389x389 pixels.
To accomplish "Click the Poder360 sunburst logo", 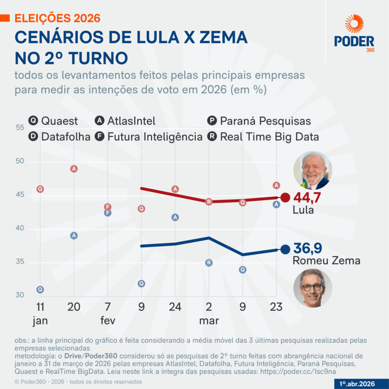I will (354, 24).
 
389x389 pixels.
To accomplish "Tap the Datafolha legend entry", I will (59, 136).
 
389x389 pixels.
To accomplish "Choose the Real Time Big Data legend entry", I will (263, 136).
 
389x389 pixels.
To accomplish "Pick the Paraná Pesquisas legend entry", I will (259, 121).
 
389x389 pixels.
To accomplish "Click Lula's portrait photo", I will (313, 171).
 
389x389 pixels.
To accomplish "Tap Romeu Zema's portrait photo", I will (313, 288).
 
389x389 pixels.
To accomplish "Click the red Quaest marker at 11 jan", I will (40, 189).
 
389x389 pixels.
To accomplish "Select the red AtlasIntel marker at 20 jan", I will (74, 169).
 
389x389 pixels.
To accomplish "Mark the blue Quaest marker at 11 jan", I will (40, 289).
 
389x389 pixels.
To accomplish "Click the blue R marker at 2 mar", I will (209, 263).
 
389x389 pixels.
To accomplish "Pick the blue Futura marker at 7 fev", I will (108, 213).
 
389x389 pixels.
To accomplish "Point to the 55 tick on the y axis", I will (20, 128).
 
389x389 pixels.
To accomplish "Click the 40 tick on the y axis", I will (20, 229).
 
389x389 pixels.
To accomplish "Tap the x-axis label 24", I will (175, 307).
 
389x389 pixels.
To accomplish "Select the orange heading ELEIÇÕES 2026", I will (57, 18).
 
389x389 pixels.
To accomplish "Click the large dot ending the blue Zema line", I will (285, 249).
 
